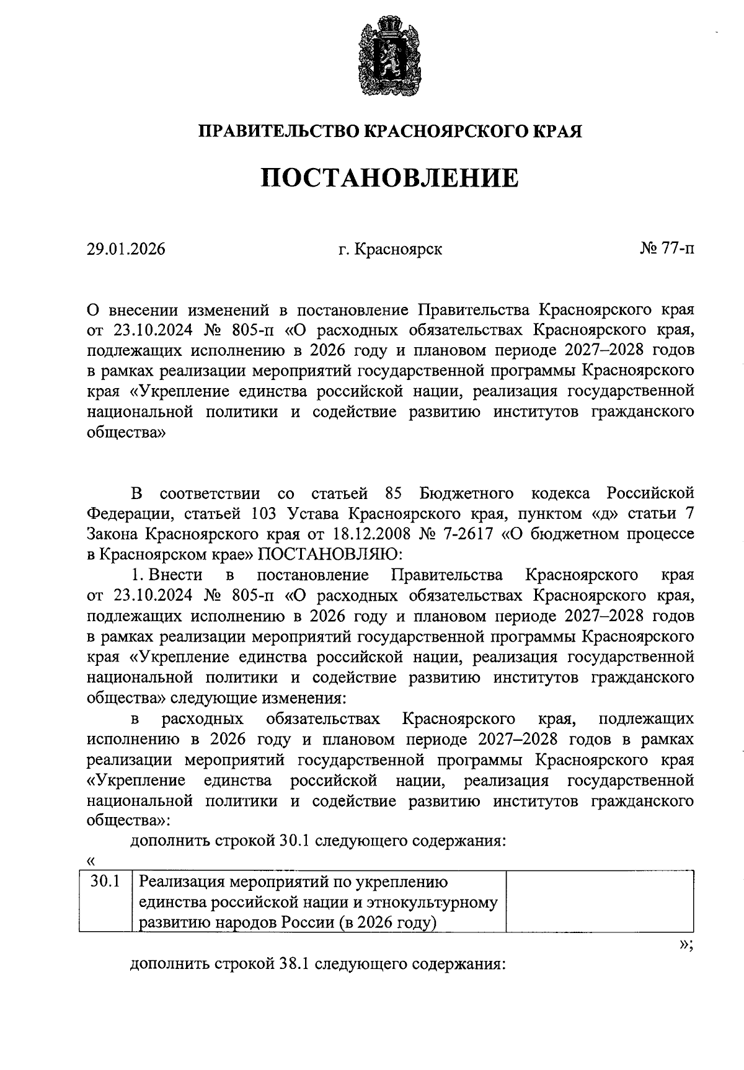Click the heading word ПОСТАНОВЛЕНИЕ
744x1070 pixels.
(x=389, y=178)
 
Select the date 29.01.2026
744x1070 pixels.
(x=126, y=250)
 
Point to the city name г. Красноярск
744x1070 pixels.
(x=390, y=250)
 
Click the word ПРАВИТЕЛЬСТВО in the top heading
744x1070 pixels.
(x=278, y=131)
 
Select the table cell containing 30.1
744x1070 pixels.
(x=105, y=881)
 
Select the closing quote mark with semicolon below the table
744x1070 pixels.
(x=686, y=945)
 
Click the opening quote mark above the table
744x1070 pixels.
(x=92, y=860)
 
